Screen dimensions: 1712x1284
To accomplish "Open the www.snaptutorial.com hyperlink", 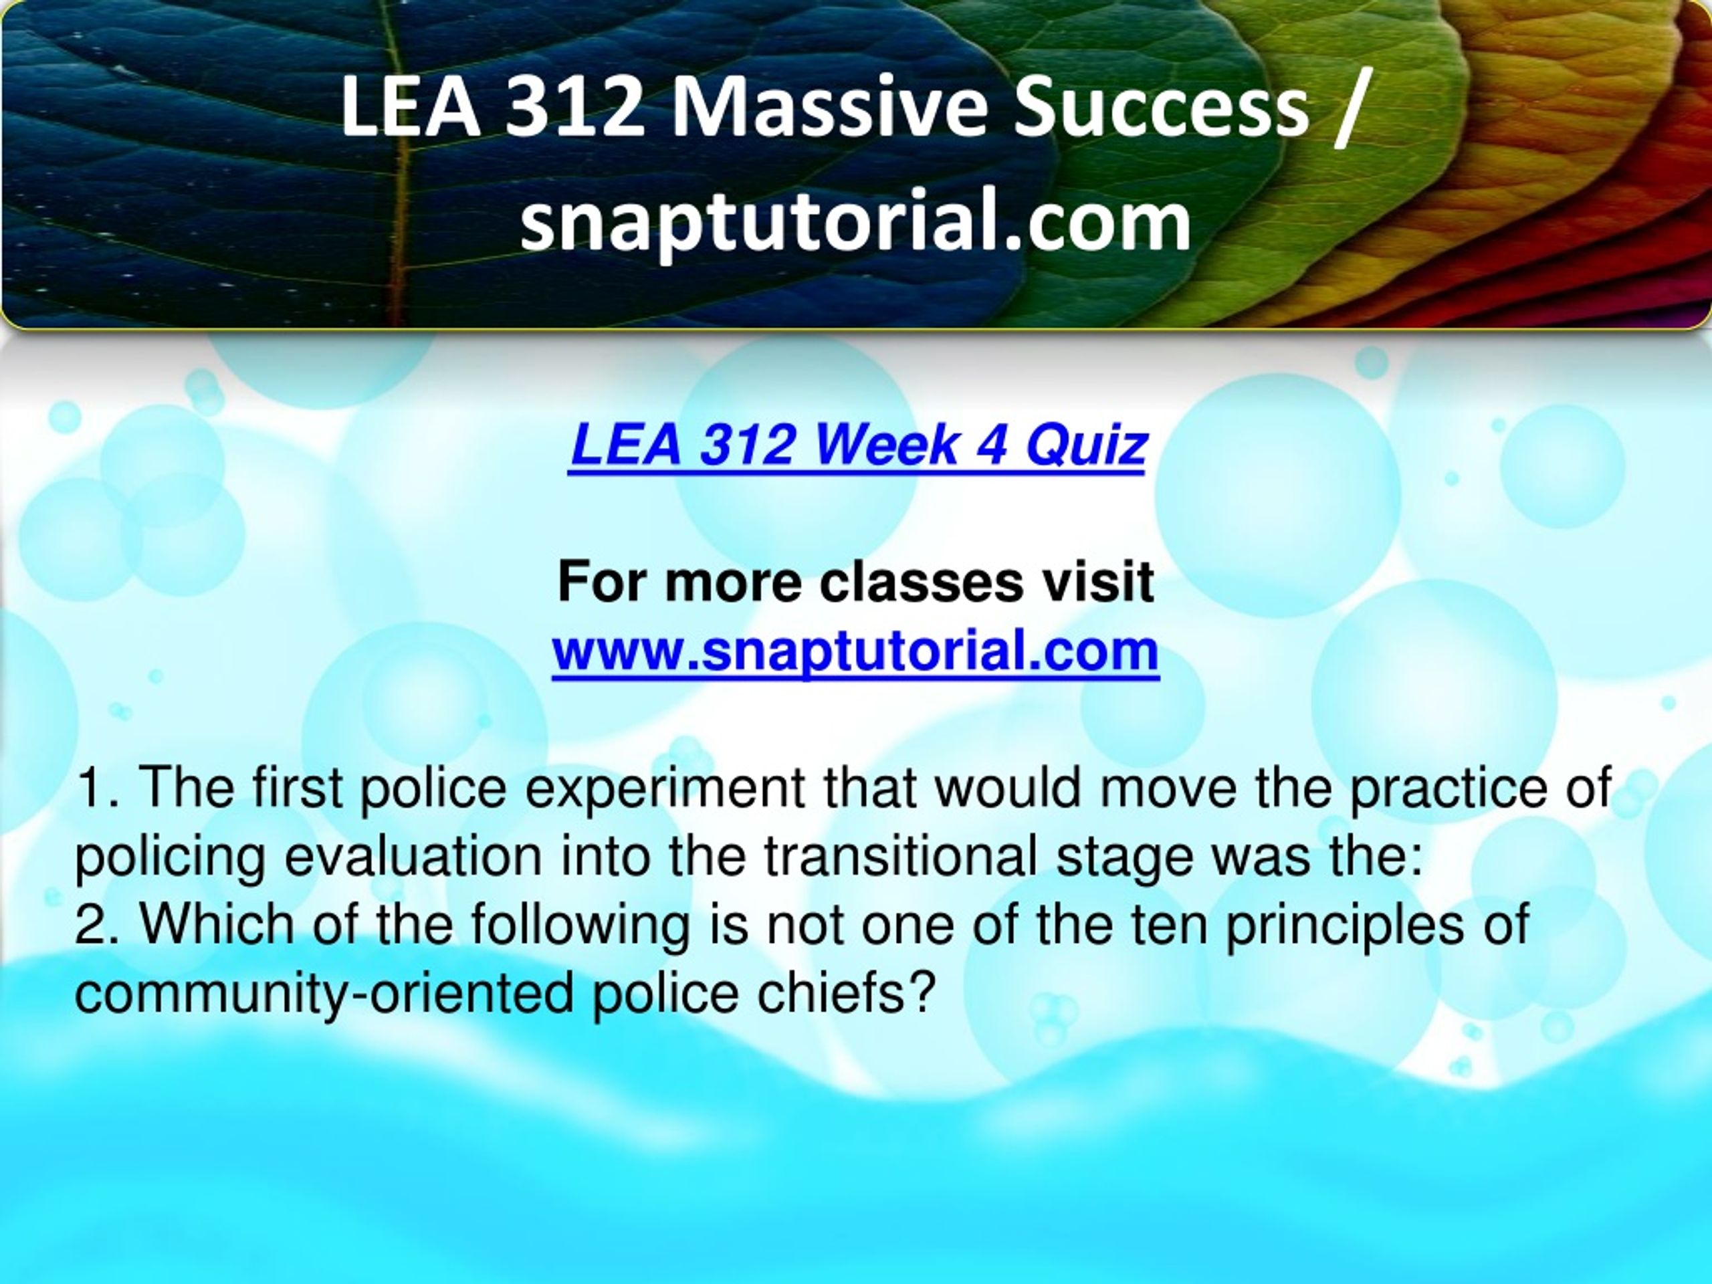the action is (855, 651).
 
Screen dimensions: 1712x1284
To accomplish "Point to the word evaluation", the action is (412, 857).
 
